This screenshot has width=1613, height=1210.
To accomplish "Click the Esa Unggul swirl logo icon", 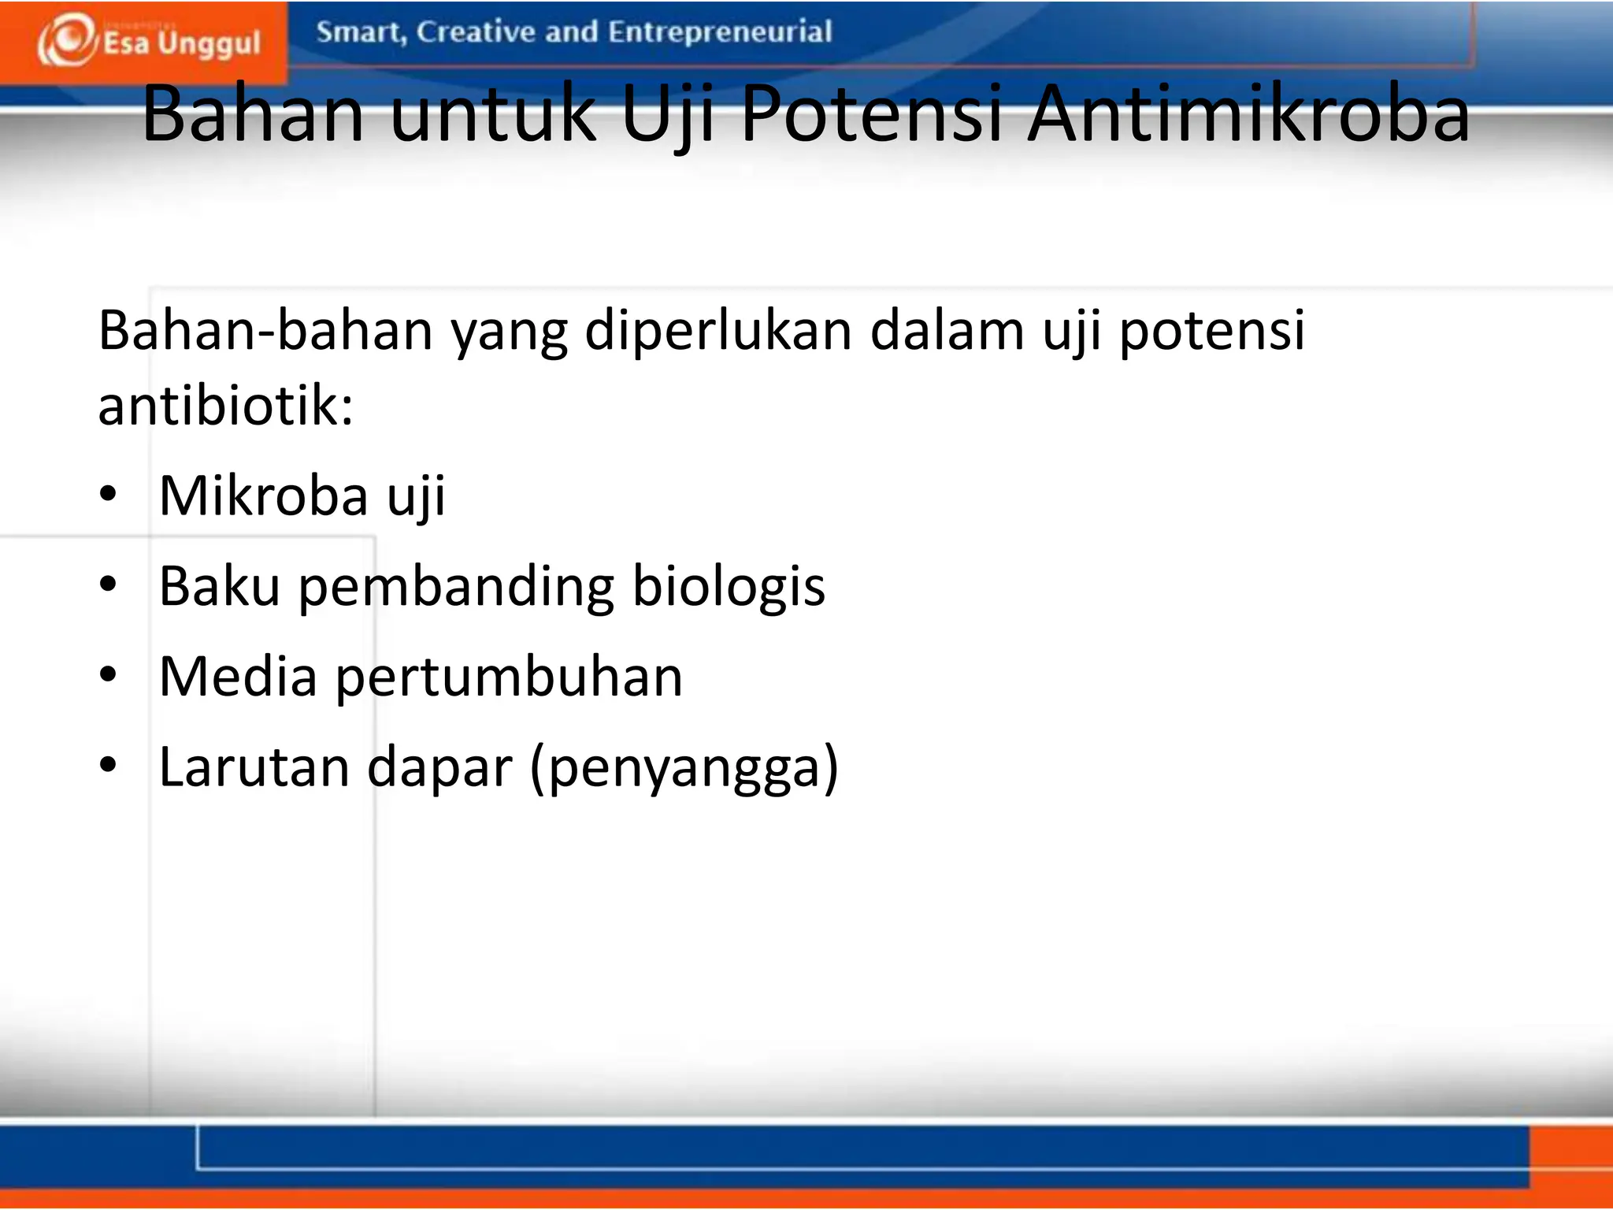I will click(x=67, y=39).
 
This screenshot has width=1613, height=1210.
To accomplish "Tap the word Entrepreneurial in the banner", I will click(x=720, y=32).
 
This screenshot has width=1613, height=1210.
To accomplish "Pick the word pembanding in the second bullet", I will click(x=456, y=588).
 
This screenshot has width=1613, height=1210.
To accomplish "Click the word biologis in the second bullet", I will click(x=729, y=588).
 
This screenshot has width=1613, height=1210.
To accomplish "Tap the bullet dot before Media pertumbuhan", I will click(x=108, y=675).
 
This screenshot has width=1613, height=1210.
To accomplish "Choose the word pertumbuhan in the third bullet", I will click(x=509, y=678).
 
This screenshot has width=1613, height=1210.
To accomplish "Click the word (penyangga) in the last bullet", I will click(x=684, y=768).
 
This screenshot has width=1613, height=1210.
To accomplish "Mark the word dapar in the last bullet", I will click(x=439, y=768).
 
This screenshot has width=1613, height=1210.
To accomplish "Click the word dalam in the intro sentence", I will click(x=947, y=332).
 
